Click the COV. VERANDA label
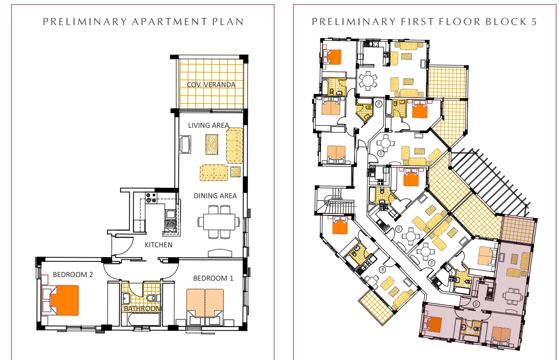[x=211, y=85]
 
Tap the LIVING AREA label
[x=209, y=125]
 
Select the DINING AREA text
[x=215, y=196]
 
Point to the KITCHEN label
[x=158, y=245]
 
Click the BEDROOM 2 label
[x=73, y=274]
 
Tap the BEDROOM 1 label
[x=213, y=278]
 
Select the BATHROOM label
[x=142, y=308]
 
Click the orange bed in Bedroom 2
[x=64, y=300]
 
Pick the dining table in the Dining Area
[x=219, y=221]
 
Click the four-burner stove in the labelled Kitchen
[x=151, y=197]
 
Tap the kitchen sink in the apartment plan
[x=170, y=214]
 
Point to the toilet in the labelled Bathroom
[x=151, y=297]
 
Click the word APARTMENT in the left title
[x=169, y=22]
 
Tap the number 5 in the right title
[x=534, y=22]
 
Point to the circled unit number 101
[x=477, y=304]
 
